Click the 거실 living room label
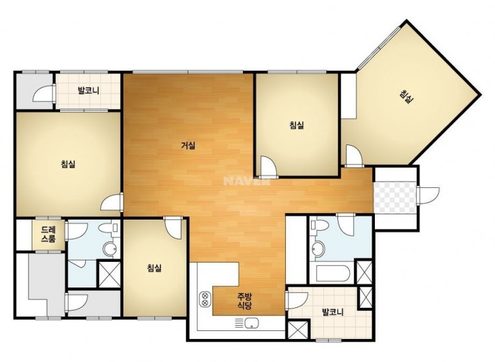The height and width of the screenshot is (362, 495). tap(188, 146)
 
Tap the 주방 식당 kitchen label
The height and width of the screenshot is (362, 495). tap(244, 301)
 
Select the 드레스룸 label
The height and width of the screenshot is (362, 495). tap(49, 234)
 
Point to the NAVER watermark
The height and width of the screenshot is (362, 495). tap(247, 181)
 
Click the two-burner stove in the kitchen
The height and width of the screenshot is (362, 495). tap(205, 299)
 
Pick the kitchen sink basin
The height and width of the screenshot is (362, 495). tap(251, 323)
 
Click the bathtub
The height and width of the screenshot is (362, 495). tap(331, 274)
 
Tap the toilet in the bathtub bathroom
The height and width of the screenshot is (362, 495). tap(319, 225)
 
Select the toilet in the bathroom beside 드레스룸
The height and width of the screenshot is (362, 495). tap(108, 227)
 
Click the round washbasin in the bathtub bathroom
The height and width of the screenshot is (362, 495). tap(317, 249)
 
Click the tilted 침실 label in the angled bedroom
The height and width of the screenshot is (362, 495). tap(407, 97)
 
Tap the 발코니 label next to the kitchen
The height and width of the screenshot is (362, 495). tap(333, 313)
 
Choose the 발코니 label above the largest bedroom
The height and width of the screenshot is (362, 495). tap(88, 91)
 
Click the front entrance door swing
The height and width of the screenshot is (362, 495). tap(428, 196)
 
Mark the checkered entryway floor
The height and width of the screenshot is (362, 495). tap(395, 196)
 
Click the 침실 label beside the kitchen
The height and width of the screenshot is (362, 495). tap(154, 268)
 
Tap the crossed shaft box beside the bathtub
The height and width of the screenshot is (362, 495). tap(364, 272)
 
